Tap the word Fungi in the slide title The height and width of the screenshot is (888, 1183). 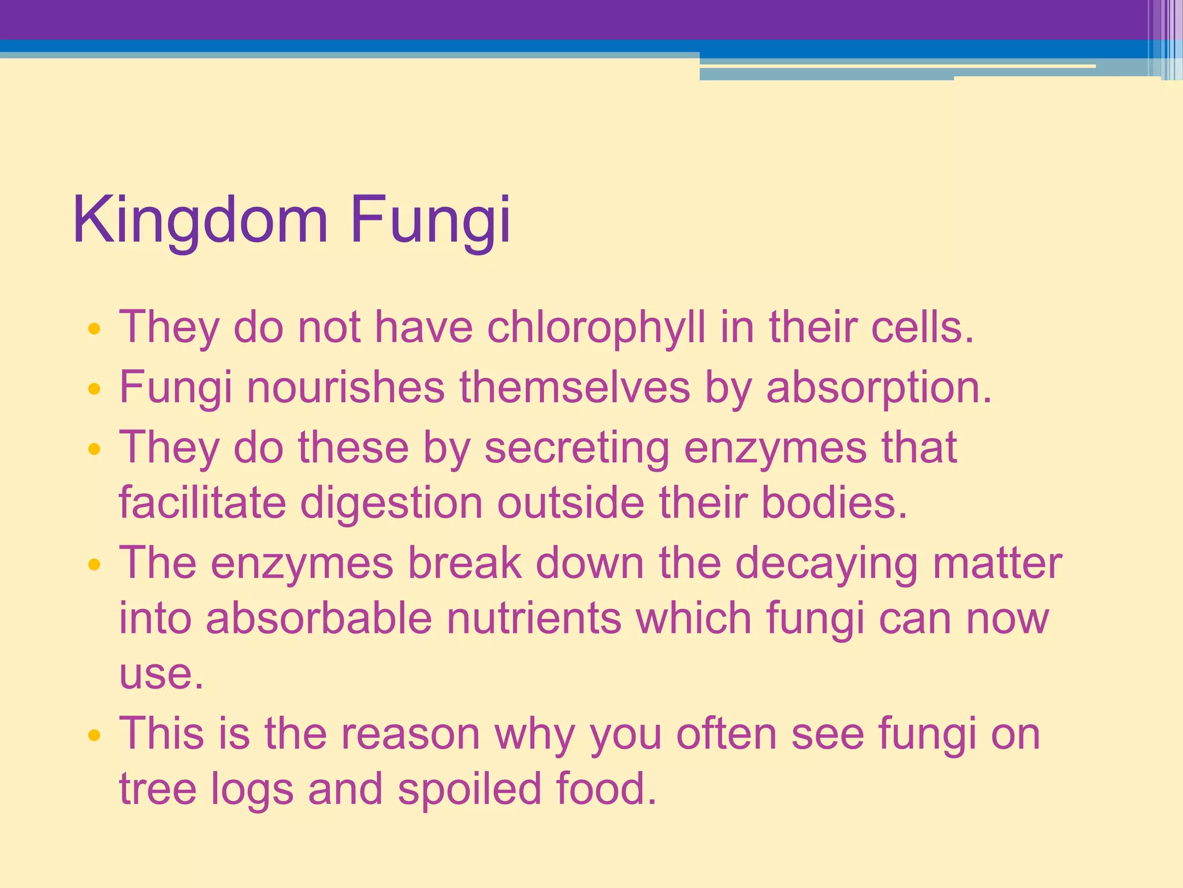(x=430, y=221)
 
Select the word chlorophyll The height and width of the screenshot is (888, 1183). (x=596, y=328)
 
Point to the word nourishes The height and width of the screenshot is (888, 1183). (x=345, y=387)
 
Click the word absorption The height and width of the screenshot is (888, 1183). (x=878, y=388)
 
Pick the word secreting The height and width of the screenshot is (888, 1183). (x=576, y=448)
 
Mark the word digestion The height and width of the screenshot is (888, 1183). (x=392, y=503)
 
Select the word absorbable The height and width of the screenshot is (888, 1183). (x=319, y=618)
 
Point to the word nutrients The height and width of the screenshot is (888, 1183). (x=534, y=618)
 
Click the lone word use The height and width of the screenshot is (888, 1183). (x=161, y=674)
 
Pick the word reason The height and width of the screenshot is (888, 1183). (x=410, y=734)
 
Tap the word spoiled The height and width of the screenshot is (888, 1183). (x=469, y=789)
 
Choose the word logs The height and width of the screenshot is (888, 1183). (x=252, y=790)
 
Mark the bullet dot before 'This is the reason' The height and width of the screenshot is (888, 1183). (x=94, y=735)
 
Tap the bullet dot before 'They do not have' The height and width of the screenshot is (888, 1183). (x=94, y=330)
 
